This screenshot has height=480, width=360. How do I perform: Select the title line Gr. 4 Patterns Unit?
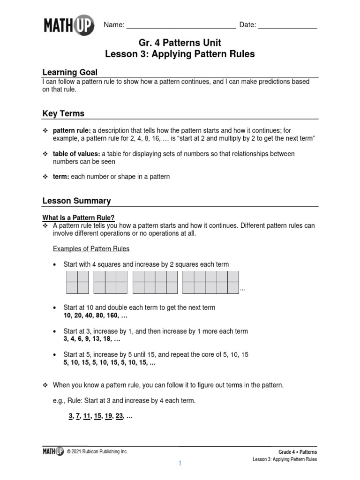(x=180, y=43)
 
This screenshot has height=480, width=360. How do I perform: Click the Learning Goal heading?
(x=70, y=72)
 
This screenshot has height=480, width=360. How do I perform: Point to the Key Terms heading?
(x=63, y=113)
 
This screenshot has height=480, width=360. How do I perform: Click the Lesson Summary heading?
(x=76, y=201)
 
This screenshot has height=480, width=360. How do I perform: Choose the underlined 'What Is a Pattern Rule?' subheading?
(x=78, y=217)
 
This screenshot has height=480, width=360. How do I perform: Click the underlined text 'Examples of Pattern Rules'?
(x=91, y=248)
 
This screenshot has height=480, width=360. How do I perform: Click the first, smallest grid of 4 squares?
(x=77, y=282)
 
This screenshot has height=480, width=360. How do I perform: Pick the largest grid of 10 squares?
(x=210, y=282)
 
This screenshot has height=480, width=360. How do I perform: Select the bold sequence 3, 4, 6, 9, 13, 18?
(x=92, y=339)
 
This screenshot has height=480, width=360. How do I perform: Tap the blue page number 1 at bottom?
(x=179, y=464)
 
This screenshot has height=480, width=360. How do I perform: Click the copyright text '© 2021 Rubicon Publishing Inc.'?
(x=97, y=451)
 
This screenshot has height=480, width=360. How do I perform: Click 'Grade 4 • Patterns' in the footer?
(x=298, y=451)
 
